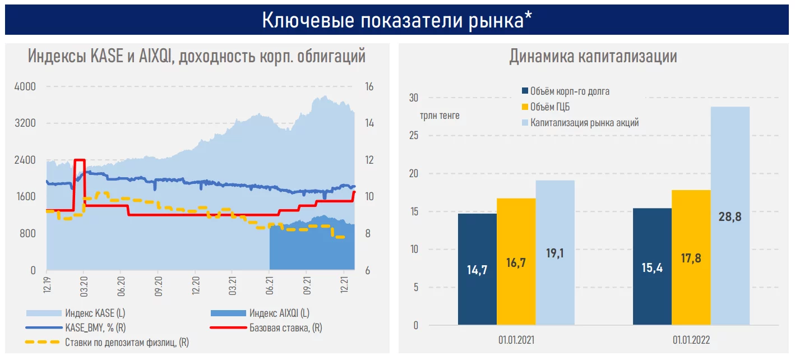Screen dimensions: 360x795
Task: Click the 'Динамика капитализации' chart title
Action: click(593, 57)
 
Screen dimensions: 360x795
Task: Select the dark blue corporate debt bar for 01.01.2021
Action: click(477, 269)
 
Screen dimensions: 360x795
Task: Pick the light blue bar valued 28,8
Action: click(730, 216)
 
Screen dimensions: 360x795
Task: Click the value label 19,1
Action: click(554, 253)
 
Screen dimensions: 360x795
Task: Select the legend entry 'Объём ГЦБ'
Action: click(550, 107)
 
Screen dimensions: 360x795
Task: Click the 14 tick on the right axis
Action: click(369, 123)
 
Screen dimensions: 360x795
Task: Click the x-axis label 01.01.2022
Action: click(691, 340)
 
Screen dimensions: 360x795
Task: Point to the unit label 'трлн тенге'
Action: click(440, 116)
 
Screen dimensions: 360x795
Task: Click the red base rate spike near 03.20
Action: click(80, 161)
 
